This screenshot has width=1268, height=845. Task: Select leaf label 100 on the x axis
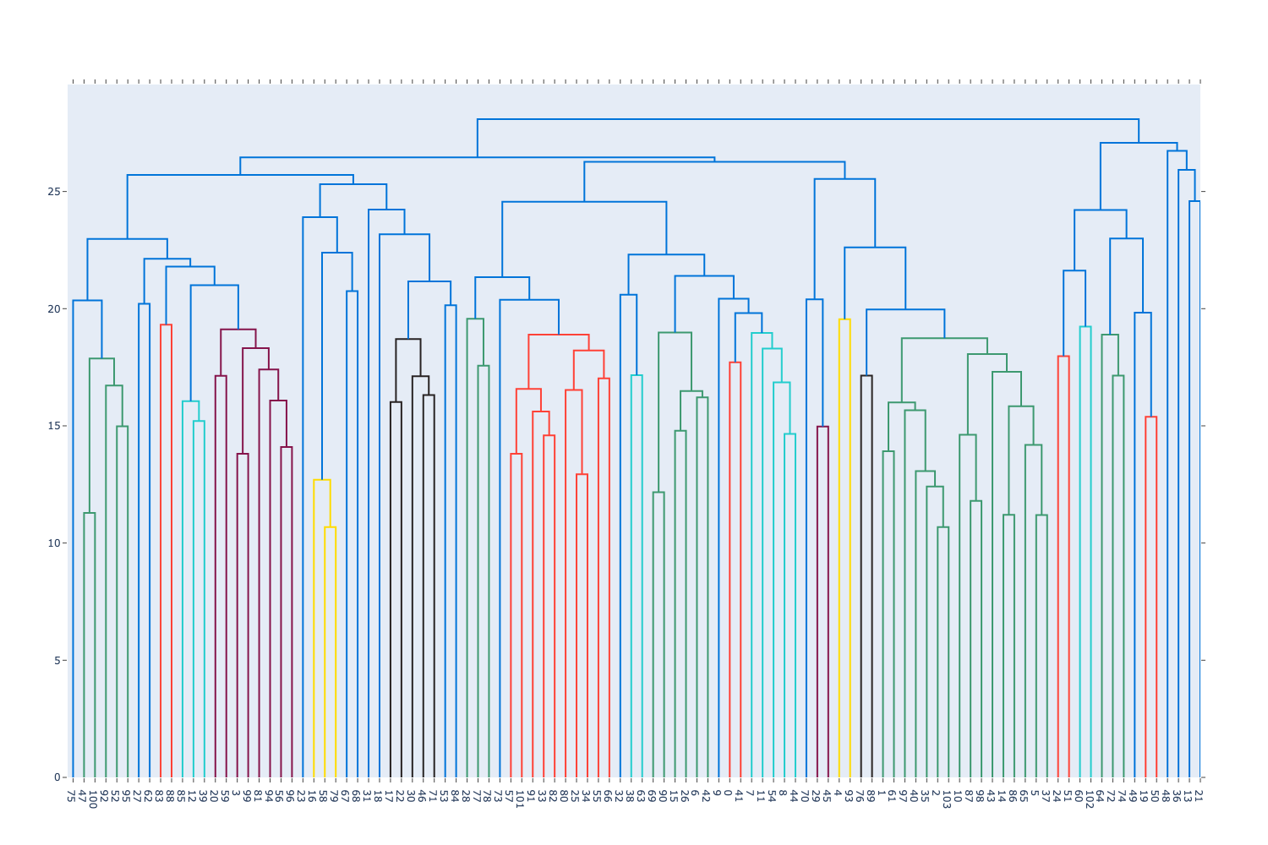[95, 799]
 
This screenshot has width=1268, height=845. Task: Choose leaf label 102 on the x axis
[1090, 799]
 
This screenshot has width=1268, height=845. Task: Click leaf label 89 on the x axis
[872, 795]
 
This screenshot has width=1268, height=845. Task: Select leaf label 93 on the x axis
[850, 795]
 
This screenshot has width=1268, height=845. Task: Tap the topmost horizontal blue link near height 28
[807, 119]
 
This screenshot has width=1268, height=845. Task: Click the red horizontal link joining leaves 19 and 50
[1150, 417]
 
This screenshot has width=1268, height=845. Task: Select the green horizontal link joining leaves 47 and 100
[90, 513]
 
